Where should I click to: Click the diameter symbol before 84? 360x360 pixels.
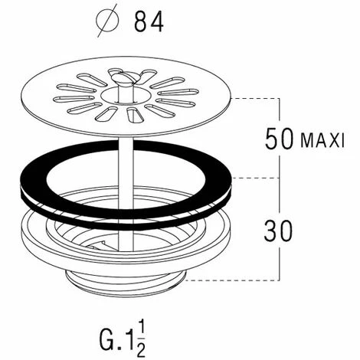click(x=107, y=21)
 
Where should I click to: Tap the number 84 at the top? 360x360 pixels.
click(x=149, y=22)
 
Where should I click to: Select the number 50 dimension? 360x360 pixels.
click(x=279, y=139)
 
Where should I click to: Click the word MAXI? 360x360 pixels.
click(x=322, y=140)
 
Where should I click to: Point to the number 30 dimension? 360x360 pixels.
click(x=279, y=231)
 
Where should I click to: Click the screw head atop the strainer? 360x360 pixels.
click(x=121, y=77)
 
